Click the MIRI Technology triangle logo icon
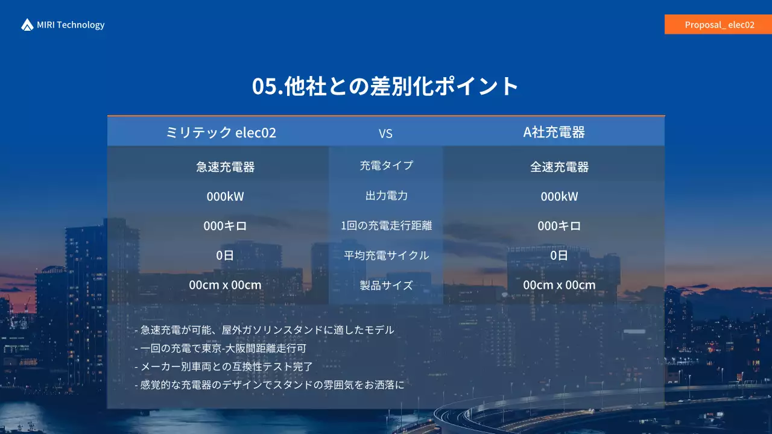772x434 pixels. (x=27, y=25)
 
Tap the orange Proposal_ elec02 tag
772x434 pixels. (x=718, y=25)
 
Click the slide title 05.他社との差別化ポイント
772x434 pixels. (x=385, y=86)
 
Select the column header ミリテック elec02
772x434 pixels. (x=221, y=133)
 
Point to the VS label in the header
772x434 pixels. (x=385, y=133)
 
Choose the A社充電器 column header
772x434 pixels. (x=554, y=133)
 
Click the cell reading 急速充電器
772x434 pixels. (x=225, y=167)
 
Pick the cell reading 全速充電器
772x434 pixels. (x=559, y=167)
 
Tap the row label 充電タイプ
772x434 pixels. (x=386, y=165)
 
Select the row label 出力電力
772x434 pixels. (x=386, y=195)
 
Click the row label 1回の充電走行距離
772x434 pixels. (x=386, y=226)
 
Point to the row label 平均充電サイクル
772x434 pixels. (x=386, y=256)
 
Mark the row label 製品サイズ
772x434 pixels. (x=386, y=285)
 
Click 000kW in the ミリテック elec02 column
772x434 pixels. (x=225, y=197)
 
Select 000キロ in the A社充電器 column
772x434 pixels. (x=559, y=226)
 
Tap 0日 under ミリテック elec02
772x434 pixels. (x=225, y=256)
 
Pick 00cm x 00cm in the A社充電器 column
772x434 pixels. (x=559, y=285)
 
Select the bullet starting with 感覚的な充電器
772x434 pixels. (x=269, y=385)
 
